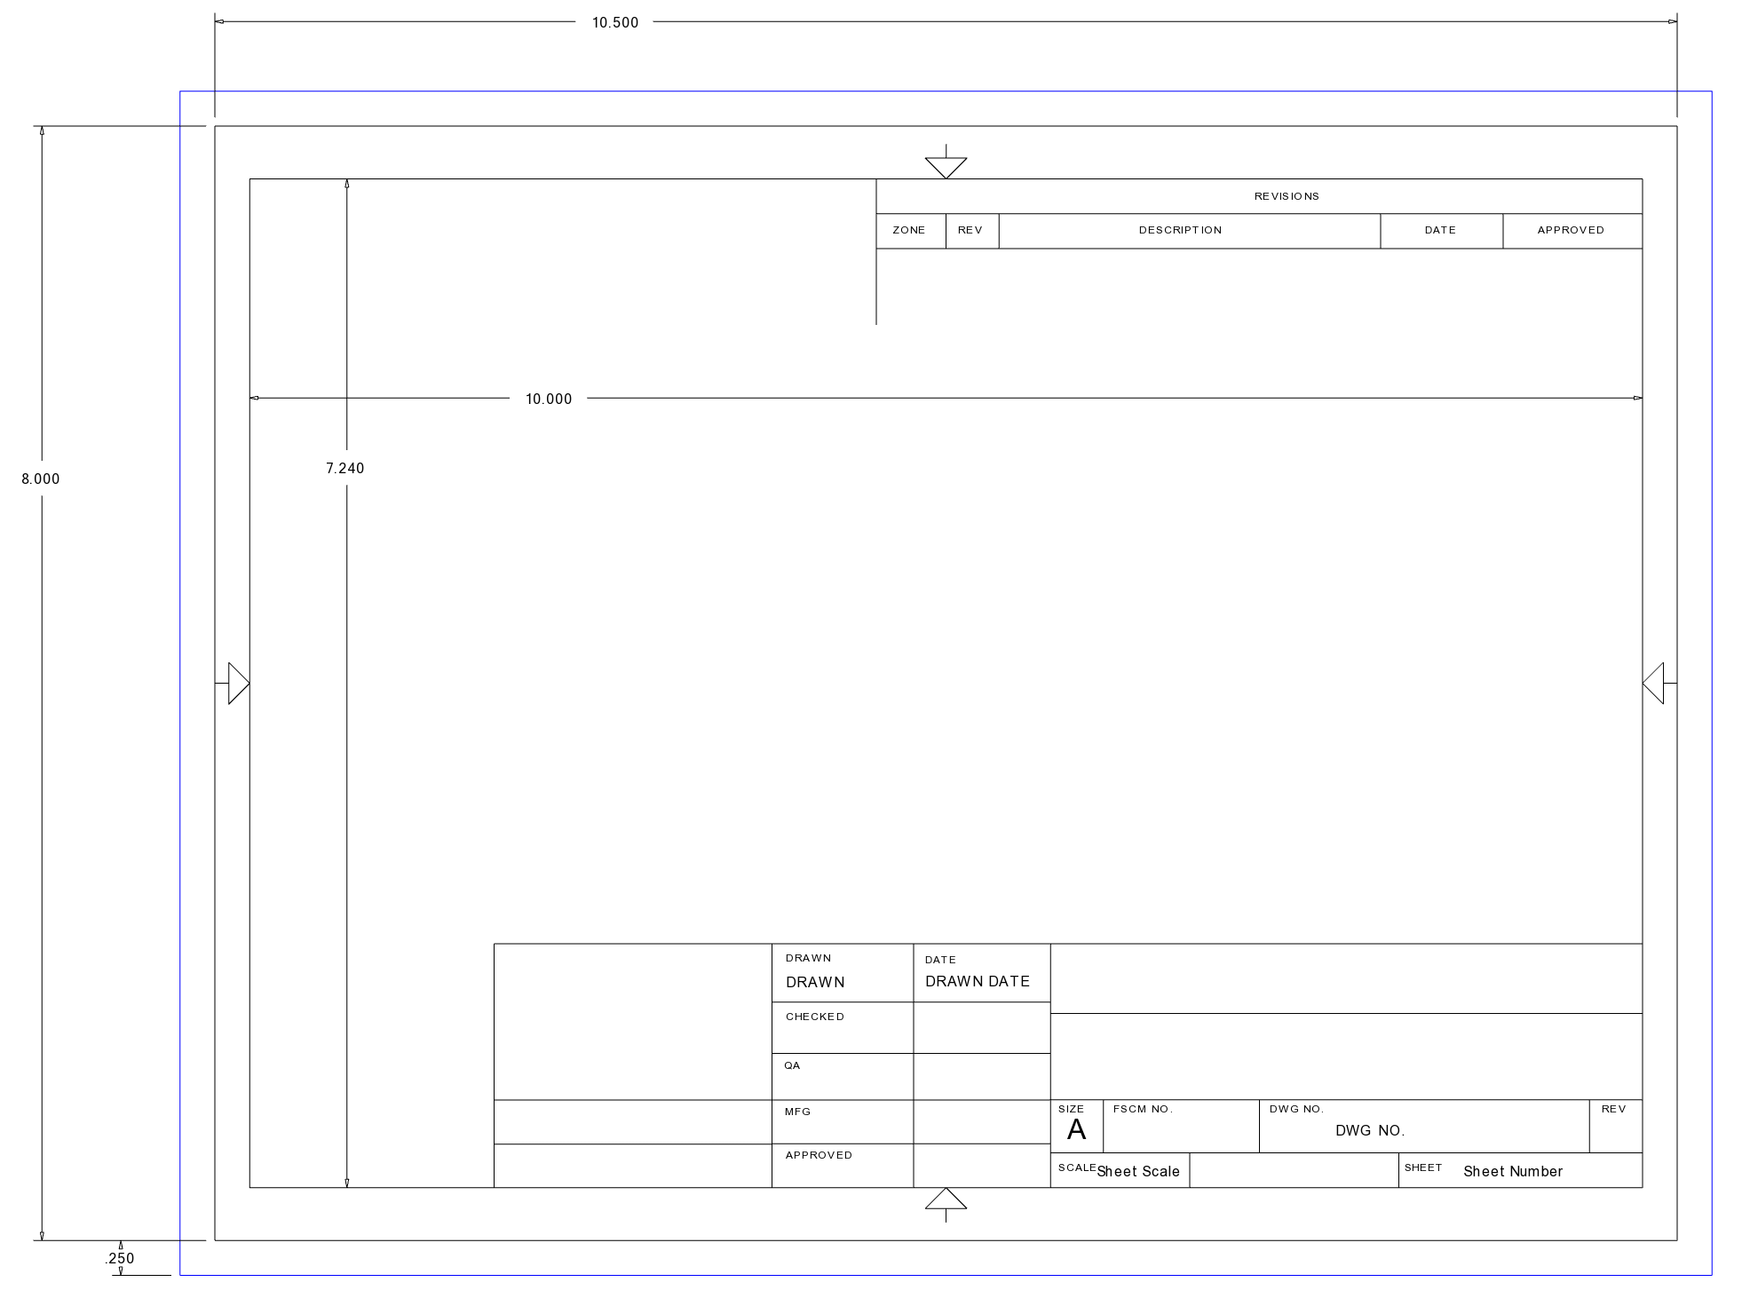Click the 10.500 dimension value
tap(615, 22)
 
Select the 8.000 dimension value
tap(41, 479)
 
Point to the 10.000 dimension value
tap(549, 400)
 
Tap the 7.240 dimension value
tap(345, 469)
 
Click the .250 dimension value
tap(120, 1258)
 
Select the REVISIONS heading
tap(1287, 196)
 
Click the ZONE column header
tap(909, 230)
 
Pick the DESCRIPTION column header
tap(1181, 230)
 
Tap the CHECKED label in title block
tap(815, 1017)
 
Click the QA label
tap(792, 1065)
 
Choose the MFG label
tap(797, 1112)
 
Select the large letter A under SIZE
tap(1076, 1130)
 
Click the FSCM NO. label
tap(1143, 1109)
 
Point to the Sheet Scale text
tap(1138, 1172)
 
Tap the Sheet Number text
tap(1513, 1172)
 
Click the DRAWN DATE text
tap(978, 981)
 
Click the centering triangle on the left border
tap(238, 684)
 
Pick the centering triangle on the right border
tap(1654, 684)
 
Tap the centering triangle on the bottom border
tap(946, 1199)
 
